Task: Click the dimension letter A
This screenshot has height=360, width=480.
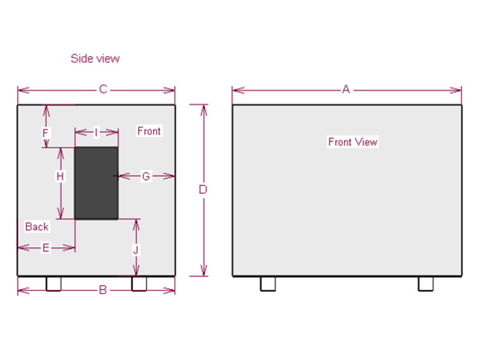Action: coord(346,90)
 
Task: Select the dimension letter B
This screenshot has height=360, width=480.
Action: coord(103,290)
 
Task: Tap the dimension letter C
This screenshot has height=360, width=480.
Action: coord(103,90)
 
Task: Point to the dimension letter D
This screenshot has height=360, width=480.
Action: coord(203,190)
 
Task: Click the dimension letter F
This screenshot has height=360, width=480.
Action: coord(46,132)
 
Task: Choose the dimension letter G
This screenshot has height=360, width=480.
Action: coord(146,176)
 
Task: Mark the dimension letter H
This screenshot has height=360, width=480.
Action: coord(60,176)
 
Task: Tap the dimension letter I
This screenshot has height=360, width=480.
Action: coord(96,132)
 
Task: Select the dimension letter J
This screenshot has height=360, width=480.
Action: coord(136,249)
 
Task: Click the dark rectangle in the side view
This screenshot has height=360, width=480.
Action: coord(96,183)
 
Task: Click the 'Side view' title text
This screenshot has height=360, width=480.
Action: coord(95,58)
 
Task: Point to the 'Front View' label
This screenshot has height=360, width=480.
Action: coord(353,142)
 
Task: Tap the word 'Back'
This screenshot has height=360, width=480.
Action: coord(37,227)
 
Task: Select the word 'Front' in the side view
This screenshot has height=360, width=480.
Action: coord(149,131)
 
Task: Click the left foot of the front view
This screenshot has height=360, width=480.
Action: coord(268,284)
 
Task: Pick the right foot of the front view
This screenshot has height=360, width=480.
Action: coord(426,284)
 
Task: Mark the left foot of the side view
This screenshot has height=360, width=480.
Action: coord(53,284)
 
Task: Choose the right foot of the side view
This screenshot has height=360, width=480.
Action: coord(139,284)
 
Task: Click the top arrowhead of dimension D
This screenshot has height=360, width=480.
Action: coord(203,109)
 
